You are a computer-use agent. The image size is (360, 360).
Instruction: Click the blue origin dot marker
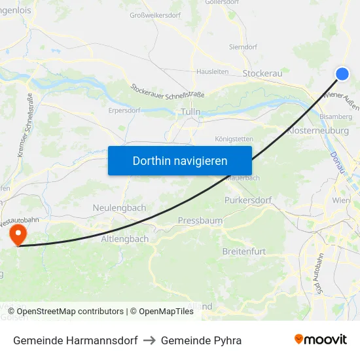(342, 74)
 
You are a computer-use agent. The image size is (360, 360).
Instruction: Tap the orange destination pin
(17, 234)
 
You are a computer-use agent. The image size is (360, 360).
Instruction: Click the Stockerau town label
(262, 73)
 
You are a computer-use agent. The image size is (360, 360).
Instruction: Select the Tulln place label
(190, 112)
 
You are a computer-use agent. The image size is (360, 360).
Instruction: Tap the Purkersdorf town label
(247, 200)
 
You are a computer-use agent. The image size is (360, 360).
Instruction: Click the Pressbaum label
(200, 221)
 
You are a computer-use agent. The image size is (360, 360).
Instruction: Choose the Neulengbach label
(119, 207)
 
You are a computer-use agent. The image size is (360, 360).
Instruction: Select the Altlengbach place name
(124, 239)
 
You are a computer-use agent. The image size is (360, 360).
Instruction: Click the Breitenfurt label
(244, 252)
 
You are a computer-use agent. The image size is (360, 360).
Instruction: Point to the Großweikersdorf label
(156, 15)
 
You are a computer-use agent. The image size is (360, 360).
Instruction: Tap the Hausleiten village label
(212, 72)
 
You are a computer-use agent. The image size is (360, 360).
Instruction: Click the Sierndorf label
(243, 47)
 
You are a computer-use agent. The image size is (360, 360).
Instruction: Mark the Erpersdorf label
(125, 111)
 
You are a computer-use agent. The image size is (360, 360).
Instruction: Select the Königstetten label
(234, 139)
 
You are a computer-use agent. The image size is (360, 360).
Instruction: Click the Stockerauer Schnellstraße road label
(168, 91)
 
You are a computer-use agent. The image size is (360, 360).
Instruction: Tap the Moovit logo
(321, 340)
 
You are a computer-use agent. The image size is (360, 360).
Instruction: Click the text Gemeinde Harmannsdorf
(75, 340)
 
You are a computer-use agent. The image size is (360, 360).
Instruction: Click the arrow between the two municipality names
(149, 340)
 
